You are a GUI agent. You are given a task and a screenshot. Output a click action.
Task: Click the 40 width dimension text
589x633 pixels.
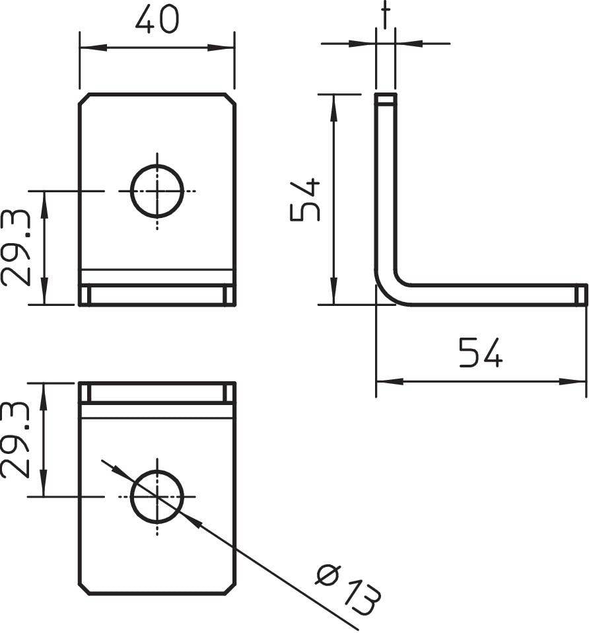[x=156, y=20]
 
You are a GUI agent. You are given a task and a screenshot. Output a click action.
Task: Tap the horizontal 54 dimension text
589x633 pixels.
[x=481, y=352]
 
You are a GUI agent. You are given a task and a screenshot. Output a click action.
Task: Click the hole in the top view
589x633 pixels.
[x=157, y=191]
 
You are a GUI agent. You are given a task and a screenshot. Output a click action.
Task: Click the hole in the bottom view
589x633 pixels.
[x=157, y=496]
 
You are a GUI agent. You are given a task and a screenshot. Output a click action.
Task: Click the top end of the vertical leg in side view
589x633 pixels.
[x=386, y=100]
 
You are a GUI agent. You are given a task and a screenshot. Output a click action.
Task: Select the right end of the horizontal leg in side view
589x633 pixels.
[x=580, y=295]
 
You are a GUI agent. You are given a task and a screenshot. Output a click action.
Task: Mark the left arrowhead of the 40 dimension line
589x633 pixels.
[x=88, y=48]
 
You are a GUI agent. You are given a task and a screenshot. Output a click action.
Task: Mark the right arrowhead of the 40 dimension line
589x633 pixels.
[x=225, y=48]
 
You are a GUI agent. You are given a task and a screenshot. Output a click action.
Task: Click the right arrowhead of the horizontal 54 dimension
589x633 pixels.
[x=577, y=381]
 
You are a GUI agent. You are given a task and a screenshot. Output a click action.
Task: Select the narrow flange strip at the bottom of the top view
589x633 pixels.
[x=157, y=295]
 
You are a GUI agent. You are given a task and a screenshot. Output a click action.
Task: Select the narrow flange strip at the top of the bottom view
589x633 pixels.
[x=157, y=392]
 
